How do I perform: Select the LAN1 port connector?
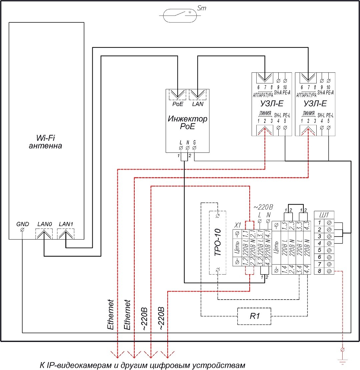[x=66, y=235]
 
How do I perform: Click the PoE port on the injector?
[x=177, y=95]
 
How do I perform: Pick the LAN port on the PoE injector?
[x=198, y=95]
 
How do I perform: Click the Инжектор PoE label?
[x=188, y=122]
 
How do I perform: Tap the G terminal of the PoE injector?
[x=195, y=147]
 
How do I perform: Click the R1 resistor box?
[x=254, y=316]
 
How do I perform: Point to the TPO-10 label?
[x=217, y=243]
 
